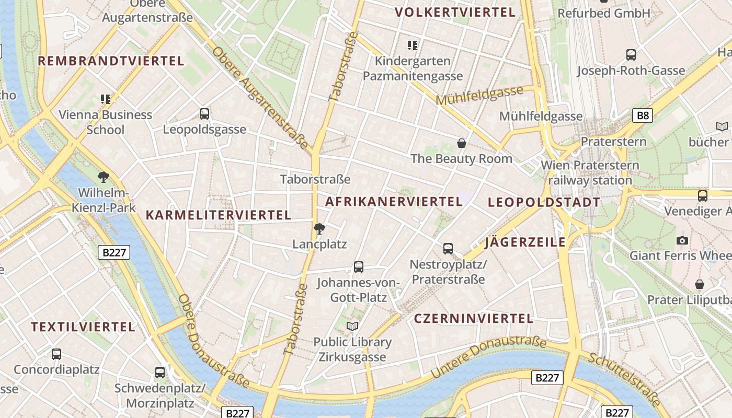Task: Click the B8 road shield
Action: pyautogui.click(x=643, y=115)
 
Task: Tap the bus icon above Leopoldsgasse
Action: pyautogui.click(x=204, y=113)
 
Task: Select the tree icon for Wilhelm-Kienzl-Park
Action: pyautogui.click(x=104, y=177)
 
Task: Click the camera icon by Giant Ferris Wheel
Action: pyautogui.click(x=682, y=240)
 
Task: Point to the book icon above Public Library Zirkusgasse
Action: pyautogui.click(x=352, y=326)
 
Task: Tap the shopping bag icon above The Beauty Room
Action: pyautogui.click(x=462, y=143)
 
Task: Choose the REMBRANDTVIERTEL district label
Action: pyautogui.click(x=111, y=61)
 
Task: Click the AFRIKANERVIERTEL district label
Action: pyautogui.click(x=394, y=201)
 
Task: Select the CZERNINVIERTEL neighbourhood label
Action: pyautogui.click(x=474, y=318)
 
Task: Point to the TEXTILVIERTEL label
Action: pyautogui.click(x=83, y=327)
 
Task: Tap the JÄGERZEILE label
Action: pyautogui.click(x=525, y=242)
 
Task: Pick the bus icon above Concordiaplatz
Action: pyautogui.click(x=56, y=354)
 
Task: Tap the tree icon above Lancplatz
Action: pyautogui.click(x=319, y=228)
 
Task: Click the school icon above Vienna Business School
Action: pyautogui.click(x=106, y=99)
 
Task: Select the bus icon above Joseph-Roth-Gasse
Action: pyautogui.click(x=631, y=54)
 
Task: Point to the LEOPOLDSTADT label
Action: pyautogui.click(x=544, y=202)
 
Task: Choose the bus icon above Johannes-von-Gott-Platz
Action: pyautogui.click(x=359, y=267)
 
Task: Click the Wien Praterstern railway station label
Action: pyautogui.click(x=590, y=173)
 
